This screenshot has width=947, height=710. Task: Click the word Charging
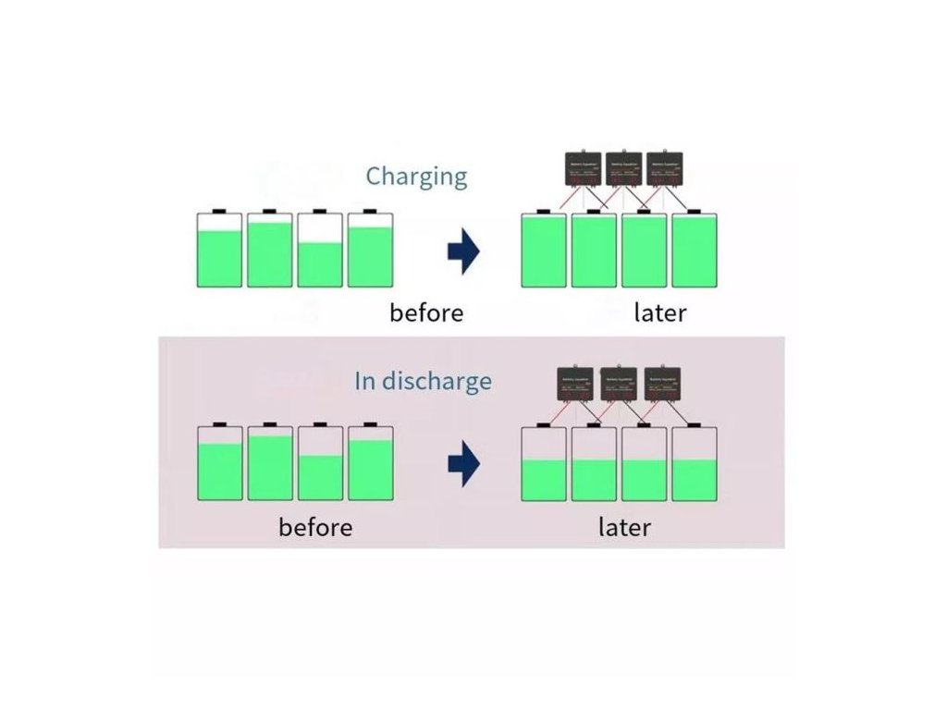point(416,176)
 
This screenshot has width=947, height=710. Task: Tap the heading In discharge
point(423,381)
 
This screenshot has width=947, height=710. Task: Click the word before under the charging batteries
point(426,312)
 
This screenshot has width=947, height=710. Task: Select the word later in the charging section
point(660,312)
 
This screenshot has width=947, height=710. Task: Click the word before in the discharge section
point(315,527)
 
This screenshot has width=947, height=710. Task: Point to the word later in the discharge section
point(624,527)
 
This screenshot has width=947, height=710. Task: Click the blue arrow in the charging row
point(463,251)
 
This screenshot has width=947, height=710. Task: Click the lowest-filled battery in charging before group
point(320,250)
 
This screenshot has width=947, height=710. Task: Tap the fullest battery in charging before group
point(270,250)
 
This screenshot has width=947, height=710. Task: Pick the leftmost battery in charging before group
point(220,250)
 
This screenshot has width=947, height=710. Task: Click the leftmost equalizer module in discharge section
point(575,383)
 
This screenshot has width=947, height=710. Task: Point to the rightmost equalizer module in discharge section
point(662,383)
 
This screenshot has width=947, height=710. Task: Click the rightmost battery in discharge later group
point(694,464)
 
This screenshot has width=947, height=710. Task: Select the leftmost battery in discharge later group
point(544,464)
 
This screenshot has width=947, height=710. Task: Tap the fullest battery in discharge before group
point(270,463)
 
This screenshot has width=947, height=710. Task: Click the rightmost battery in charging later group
point(694,250)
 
